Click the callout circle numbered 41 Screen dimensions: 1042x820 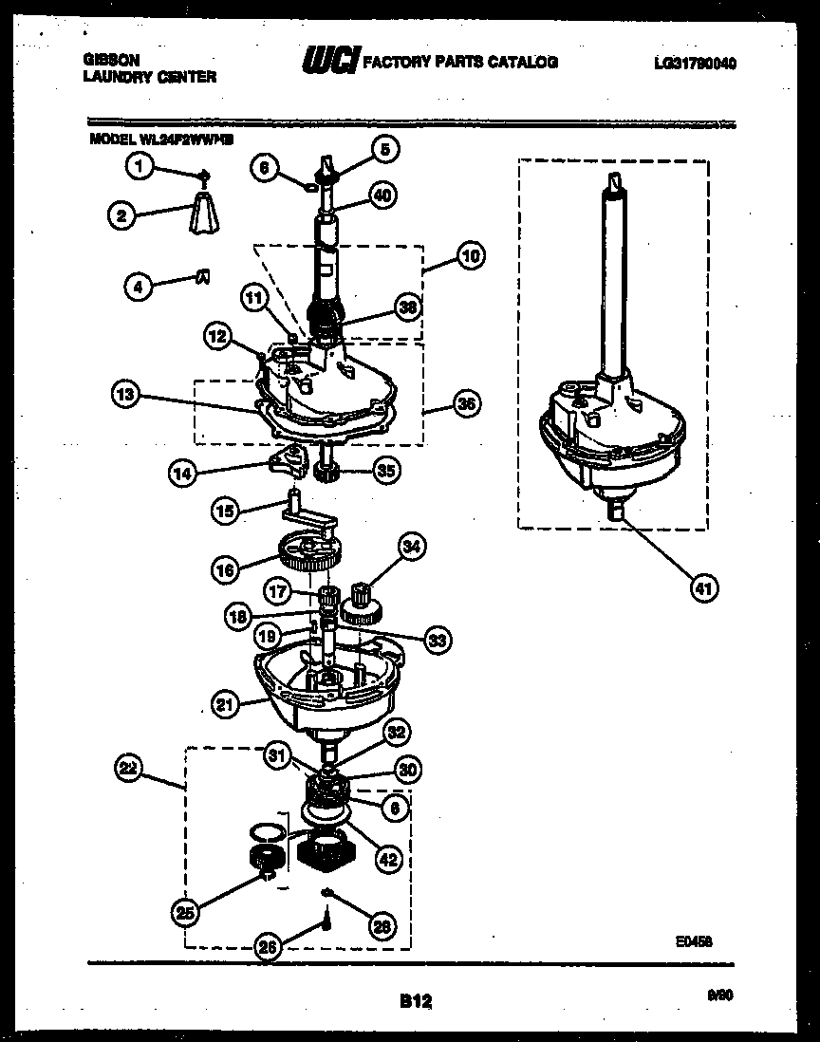[703, 587]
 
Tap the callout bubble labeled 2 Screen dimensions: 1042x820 [120, 215]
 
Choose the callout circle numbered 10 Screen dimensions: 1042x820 [471, 255]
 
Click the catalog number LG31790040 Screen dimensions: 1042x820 [695, 64]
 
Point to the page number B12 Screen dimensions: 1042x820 [410, 1000]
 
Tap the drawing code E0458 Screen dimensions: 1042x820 [694, 940]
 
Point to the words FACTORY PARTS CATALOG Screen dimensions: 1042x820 [461, 63]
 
